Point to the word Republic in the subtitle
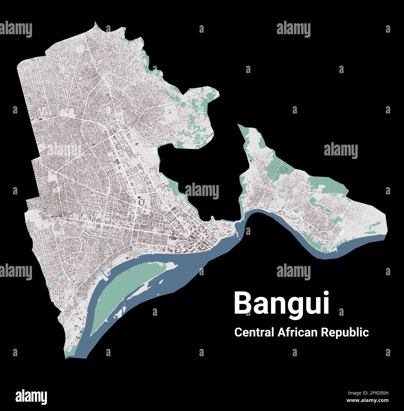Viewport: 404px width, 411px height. [x=345, y=332]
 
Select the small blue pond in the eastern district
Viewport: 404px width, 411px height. [x=250, y=161]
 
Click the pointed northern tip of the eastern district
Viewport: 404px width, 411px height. [x=239, y=125]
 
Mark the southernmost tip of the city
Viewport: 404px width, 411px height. [x=66, y=358]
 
